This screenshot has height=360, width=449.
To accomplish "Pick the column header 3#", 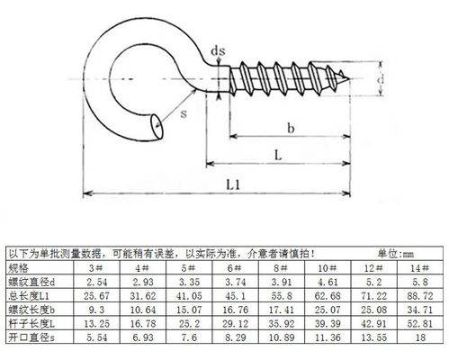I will point(94,268).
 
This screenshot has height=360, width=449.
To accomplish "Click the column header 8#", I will point(278,268).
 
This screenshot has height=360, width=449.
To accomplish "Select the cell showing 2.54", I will point(94,282).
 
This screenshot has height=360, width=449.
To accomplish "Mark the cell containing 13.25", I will point(94,321).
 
